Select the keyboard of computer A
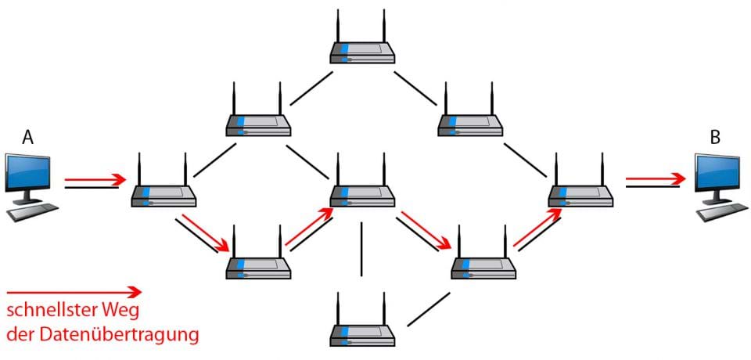coord(36,211)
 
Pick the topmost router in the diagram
coord(361,49)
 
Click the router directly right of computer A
coord(163,191)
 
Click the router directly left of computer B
coord(580,191)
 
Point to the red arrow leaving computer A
coord(95,180)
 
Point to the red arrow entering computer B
coord(656,180)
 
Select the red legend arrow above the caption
coord(74,292)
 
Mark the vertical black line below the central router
coord(361,249)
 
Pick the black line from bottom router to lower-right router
coord(429,309)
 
